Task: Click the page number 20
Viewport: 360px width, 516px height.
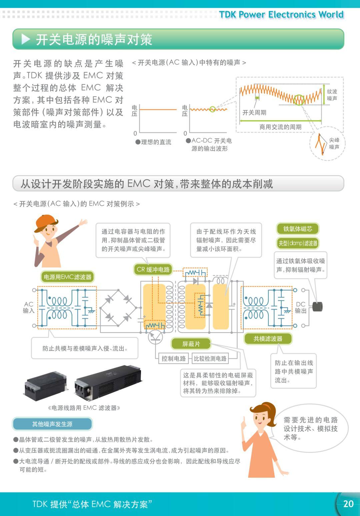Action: (x=348, y=503)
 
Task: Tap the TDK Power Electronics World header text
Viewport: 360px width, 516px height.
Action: (x=281, y=15)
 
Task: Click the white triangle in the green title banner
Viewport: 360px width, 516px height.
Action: (x=26, y=39)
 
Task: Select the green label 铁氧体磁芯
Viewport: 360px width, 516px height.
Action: (x=297, y=229)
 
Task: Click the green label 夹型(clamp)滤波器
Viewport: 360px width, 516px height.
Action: (x=298, y=243)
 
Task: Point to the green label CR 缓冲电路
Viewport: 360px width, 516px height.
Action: (x=153, y=269)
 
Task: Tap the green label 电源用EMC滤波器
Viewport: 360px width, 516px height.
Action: (x=67, y=277)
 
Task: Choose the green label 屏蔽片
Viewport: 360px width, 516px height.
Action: (x=191, y=344)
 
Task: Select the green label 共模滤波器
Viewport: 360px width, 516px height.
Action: (x=268, y=339)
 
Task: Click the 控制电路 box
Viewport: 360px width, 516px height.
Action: (x=173, y=359)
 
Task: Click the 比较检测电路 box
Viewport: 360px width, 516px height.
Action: (x=210, y=359)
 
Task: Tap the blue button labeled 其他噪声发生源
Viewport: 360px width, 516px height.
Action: (x=52, y=424)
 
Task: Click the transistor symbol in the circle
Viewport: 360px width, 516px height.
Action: (x=155, y=337)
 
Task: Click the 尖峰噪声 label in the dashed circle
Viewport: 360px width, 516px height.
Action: (x=334, y=143)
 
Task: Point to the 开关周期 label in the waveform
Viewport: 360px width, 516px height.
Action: (x=254, y=112)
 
